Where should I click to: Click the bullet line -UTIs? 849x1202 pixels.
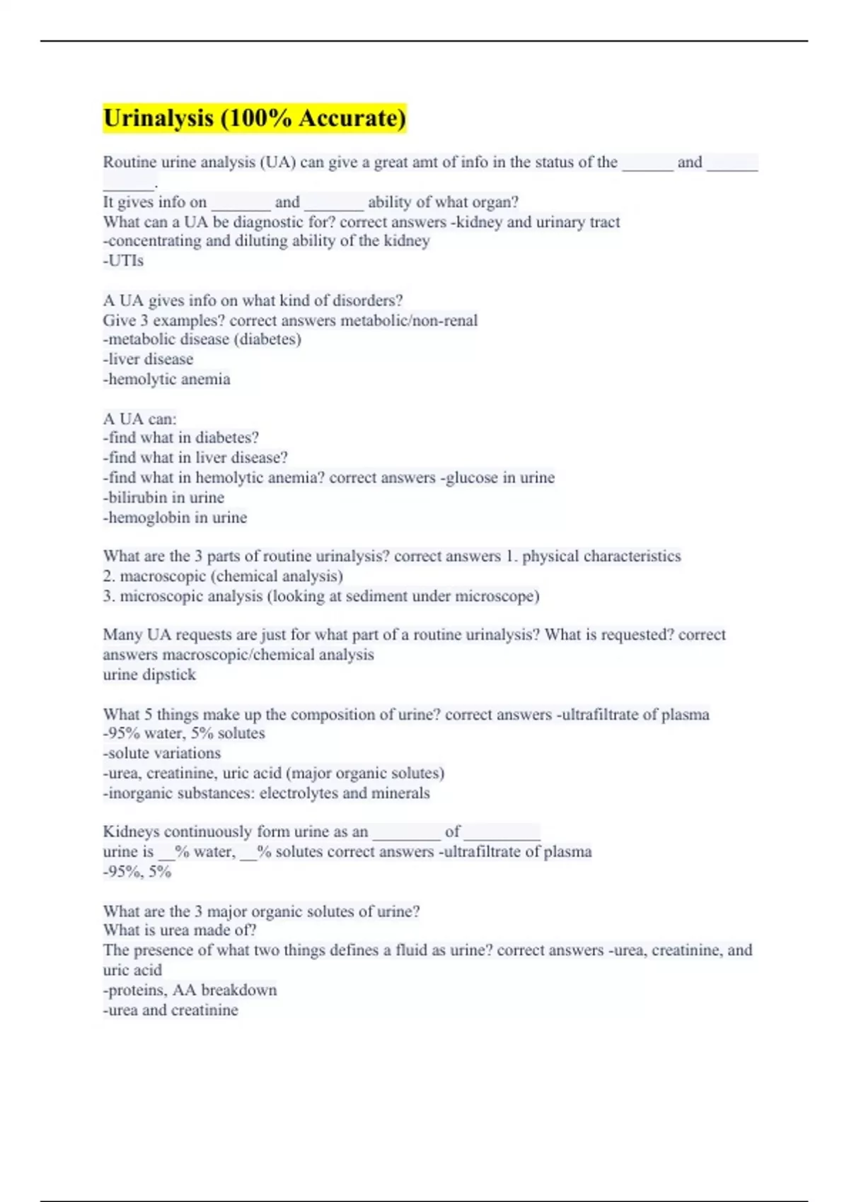(x=123, y=261)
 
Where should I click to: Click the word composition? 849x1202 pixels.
(x=333, y=715)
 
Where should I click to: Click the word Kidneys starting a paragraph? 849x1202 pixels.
(x=131, y=832)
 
